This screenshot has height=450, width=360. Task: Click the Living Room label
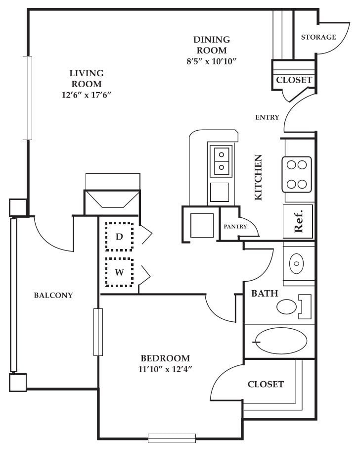pos(86,79)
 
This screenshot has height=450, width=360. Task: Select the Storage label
pos(318,37)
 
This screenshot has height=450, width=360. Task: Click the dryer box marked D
pos(119,237)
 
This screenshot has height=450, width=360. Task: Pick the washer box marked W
pos(119,272)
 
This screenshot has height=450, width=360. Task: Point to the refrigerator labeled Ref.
pos(298,221)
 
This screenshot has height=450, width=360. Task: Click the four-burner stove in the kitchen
pos(297,174)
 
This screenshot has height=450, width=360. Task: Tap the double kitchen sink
pos(221,161)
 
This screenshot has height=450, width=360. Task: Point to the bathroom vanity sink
pos(296,263)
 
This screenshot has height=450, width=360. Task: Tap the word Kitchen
pos(258,177)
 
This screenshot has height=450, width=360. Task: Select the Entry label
pos(267,117)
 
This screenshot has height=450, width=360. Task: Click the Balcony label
pos(53,296)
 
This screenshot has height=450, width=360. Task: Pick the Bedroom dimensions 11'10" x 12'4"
pos(165,368)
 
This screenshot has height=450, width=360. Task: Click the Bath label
pos(265,294)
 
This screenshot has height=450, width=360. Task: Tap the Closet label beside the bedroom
pos(266,384)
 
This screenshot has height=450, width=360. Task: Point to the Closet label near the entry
pos(294,80)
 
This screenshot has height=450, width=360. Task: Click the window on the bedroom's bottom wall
pos(172,438)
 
